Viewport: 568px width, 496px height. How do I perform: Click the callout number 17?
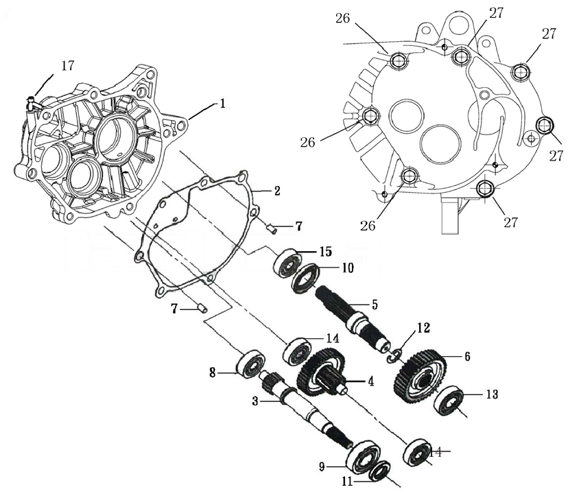[x=67, y=67]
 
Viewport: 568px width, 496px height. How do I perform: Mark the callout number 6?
[x=467, y=357]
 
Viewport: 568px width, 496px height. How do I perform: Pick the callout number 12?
[x=422, y=329]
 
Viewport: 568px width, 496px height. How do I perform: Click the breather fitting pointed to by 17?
[x=32, y=104]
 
